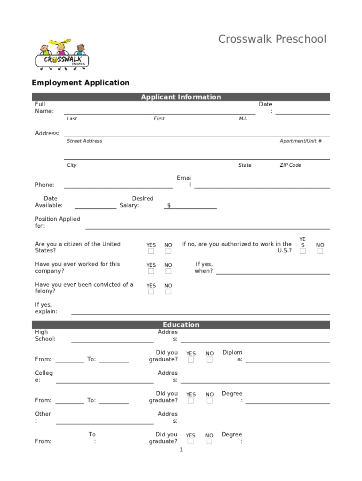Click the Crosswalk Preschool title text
coord(272,39)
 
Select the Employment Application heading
coord(80,83)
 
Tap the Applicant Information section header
coord(181,97)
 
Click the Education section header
coord(181,325)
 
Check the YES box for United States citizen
coord(151,251)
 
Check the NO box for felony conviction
coord(168,292)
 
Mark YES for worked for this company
coord(151,272)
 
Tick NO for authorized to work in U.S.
coord(320,251)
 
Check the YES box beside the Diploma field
coord(191,360)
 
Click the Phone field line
coord(118,187)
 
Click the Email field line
coord(262,187)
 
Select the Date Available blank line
coord(95,208)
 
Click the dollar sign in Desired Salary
coord(169,206)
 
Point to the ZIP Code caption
coord(290,165)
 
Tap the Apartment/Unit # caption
coord(300,141)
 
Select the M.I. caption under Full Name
coord(243,119)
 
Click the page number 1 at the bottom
coord(181,450)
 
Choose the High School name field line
coord(112,341)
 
